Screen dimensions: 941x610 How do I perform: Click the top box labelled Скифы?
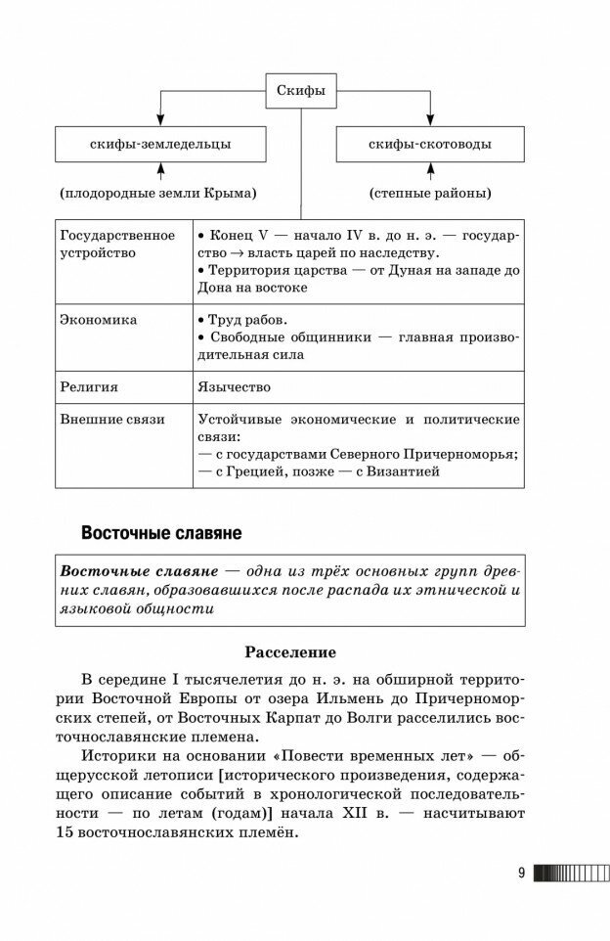tap(301, 93)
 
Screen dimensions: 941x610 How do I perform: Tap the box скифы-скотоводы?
tap(430, 145)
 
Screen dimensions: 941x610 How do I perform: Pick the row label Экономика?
tap(98, 319)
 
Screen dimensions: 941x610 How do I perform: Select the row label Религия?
tap(89, 386)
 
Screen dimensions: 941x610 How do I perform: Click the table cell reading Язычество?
tap(234, 386)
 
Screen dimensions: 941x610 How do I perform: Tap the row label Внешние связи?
tap(111, 419)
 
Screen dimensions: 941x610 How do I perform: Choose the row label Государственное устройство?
tap(117, 244)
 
